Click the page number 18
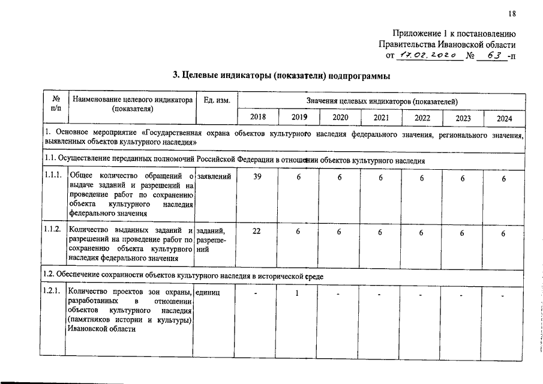click(x=511, y=14)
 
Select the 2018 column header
click(x=257, y=118)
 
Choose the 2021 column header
click(x=380, y=118)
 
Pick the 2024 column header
click(x=504, y=118)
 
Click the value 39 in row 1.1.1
click(x=257, y=178)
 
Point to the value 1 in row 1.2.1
click(x=298, y=293)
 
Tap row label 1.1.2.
click(x=52, y=229)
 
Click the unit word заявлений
click(x=214, y=175)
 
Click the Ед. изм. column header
click(x=217, y=100)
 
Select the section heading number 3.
click(x=175, y=76)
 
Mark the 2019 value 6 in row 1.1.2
click(x=298, y=233)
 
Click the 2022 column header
click(x=422, y=118)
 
